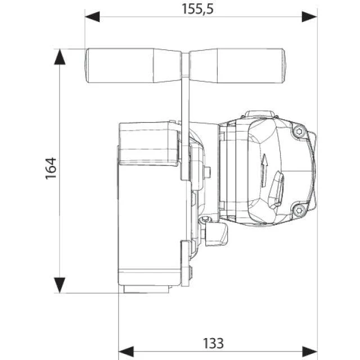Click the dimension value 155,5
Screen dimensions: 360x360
pyautogui.click(x=197, y=9)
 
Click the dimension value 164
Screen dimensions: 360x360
pyautogui.click(x=51, y=168)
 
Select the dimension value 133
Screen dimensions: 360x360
pyautogui.click(x=213, y=344)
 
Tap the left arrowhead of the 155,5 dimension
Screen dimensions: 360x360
pyautogui.click(x=92, y=17)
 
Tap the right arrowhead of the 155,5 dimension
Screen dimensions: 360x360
pyautogui.click(x=310, y=17)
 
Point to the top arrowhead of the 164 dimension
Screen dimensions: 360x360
pyautogui.click(x=60, y=57)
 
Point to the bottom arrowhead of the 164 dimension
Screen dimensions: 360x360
pyautogui.click(x=60, y=285)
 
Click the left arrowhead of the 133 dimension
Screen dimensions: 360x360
pyautogui.click(x=126, y=352)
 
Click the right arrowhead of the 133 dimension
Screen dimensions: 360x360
pyautogui.click(x=310, y=352)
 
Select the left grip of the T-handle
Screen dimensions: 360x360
pyautogui.click(x=133, y=65)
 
